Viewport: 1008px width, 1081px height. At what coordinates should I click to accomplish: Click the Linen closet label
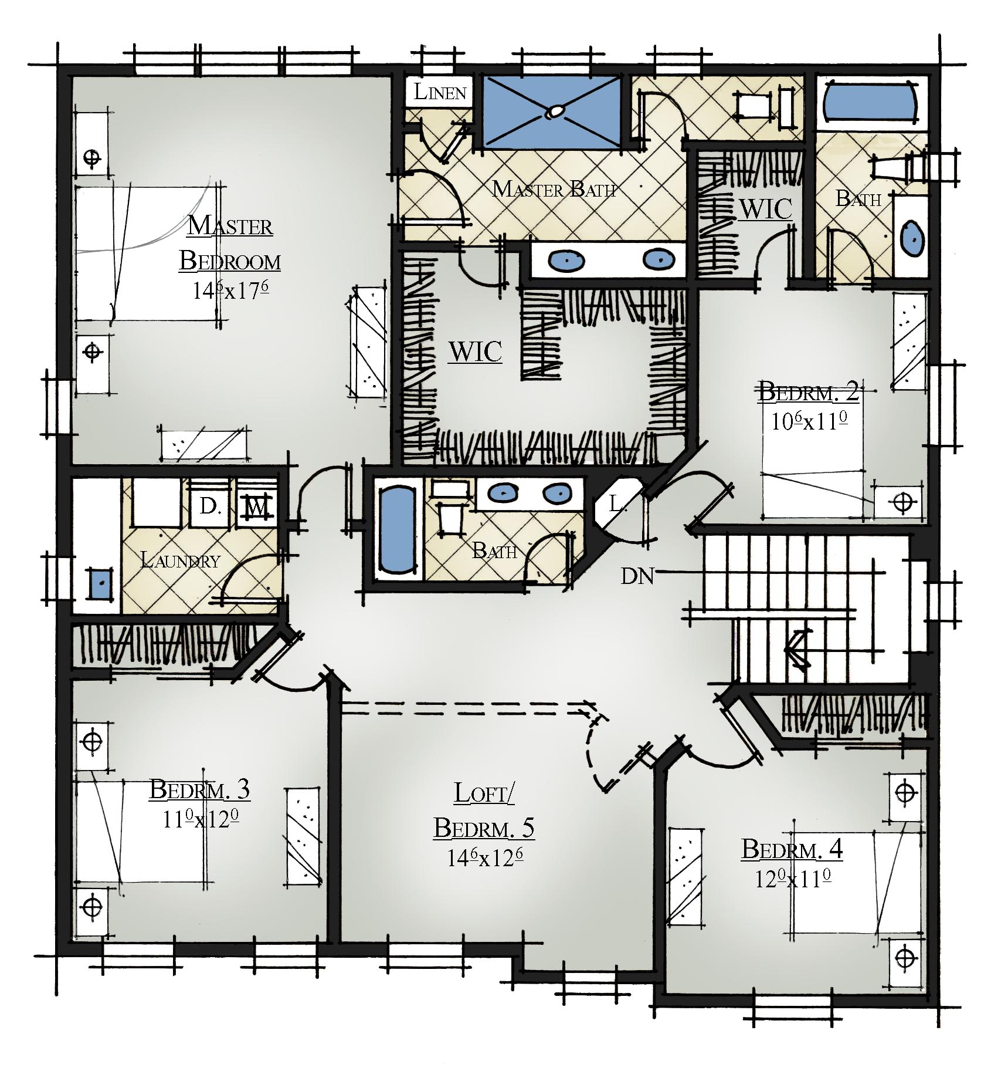pos(440,92)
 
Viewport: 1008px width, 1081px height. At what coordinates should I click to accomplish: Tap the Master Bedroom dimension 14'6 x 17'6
pos(230,290)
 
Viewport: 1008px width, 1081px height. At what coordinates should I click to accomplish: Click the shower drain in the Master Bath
pos(554,112)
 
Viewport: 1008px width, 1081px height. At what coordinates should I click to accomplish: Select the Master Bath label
pos(554,189)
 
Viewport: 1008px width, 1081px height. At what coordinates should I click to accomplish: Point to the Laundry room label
pos(181,560)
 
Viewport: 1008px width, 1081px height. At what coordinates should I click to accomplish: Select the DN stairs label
pos(637,576)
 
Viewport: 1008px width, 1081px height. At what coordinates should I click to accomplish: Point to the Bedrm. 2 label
pos(809,391)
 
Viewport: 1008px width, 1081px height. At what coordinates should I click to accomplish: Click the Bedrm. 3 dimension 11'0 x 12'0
pos(201,819)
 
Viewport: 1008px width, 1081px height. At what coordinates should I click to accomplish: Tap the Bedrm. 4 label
pos(792,849)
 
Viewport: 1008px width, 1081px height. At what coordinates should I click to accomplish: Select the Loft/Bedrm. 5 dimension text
pos(484,858)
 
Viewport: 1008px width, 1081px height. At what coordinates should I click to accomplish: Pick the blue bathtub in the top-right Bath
pos(870,102)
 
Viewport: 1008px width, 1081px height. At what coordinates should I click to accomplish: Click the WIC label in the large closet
pos(475,352)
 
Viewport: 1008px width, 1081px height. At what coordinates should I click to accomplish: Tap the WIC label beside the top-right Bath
pos(766,209)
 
